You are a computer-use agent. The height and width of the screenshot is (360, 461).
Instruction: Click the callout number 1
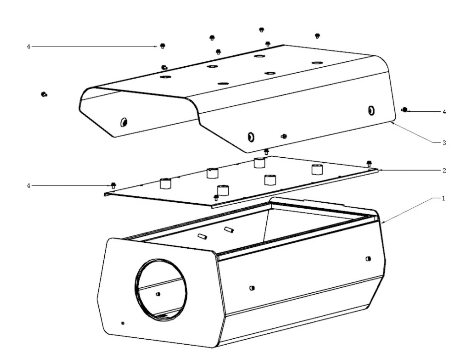point(443,198)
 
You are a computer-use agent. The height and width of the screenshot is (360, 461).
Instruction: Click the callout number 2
point(444,170)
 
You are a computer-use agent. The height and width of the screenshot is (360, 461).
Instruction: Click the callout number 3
point(444,142)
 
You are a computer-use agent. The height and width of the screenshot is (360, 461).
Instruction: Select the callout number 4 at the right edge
point(444,112)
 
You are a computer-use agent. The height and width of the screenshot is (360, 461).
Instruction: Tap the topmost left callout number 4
point(29,46)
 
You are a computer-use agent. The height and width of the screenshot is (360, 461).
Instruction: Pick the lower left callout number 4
point(29,185)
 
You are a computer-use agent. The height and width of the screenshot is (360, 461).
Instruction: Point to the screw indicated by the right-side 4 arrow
point(404,110)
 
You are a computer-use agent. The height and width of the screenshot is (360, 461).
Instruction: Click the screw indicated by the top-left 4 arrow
point(163,45)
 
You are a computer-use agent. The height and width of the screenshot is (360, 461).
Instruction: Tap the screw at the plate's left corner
point(113,185)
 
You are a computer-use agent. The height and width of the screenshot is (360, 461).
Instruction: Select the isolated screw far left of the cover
point(44,94)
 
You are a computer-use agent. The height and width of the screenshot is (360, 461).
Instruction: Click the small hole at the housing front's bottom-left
point(123,323)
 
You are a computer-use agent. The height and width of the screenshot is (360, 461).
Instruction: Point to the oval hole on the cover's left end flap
point(124,121)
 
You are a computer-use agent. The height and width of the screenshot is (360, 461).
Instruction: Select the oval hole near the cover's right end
point(371,110)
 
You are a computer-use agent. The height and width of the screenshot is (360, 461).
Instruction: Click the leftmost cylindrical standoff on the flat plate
point(166,183)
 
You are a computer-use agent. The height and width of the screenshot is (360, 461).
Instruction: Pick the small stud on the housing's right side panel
point(368,258)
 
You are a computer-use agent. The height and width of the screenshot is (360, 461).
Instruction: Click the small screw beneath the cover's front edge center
point(284,136)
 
